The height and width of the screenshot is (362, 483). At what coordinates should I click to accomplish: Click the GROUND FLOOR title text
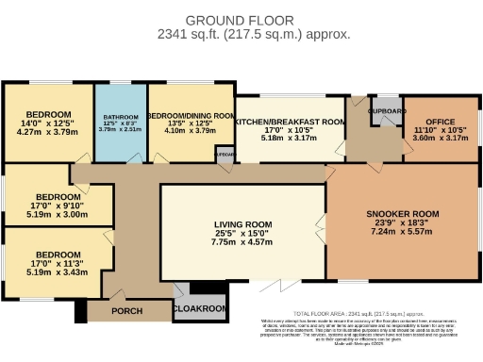point(240,20)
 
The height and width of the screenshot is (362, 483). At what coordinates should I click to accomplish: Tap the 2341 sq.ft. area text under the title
point(240,34)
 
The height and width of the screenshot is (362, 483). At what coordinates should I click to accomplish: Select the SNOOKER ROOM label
point(403,214)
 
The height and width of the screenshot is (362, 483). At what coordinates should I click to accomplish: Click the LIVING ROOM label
point(243,224)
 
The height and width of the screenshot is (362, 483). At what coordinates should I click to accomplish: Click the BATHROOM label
point(120,118)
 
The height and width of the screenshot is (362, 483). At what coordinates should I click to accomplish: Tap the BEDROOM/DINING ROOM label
point(191,114)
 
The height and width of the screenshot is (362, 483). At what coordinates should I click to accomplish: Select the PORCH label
point(126,310)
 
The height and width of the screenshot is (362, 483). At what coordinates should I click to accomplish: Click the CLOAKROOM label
point(200,308)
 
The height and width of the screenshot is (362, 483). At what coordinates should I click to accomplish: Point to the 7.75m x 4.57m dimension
point(243,242)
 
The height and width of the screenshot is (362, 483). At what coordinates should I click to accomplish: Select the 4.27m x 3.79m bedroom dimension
point(47,132)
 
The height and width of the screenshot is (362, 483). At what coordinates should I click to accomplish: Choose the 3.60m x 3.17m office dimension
point(439,137)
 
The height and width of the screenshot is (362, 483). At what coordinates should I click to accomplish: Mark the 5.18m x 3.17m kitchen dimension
point(290,137)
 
